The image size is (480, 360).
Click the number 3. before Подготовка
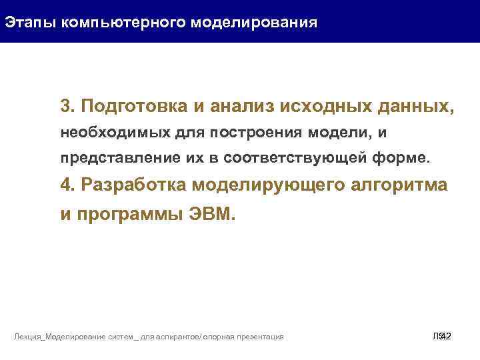tap(67, 107)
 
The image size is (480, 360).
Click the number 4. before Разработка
tap(67, 186)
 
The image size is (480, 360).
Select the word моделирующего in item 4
tap(271, 186)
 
